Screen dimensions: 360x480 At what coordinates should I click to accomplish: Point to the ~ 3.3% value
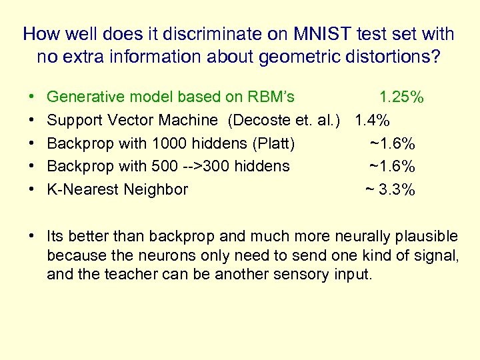point(390,190)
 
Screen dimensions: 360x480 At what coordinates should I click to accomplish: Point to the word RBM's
point(272,97)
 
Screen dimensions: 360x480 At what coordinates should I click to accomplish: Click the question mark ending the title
point(436,57)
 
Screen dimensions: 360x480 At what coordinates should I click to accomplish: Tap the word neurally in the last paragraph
point(361,237)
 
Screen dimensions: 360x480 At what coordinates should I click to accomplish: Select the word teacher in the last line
point(130,274)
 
